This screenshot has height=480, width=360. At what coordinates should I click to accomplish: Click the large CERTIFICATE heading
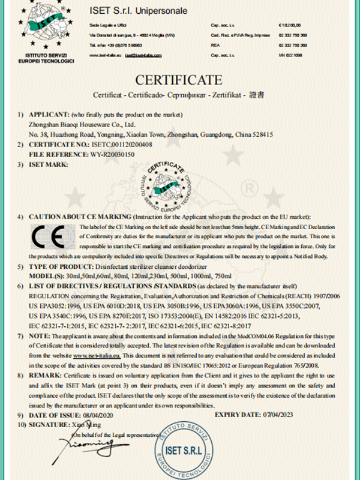tap(179, 80)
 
